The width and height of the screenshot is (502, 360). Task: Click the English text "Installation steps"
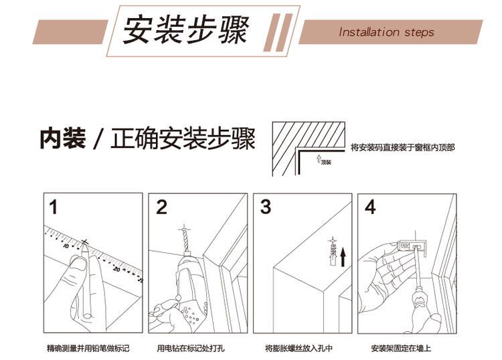click(386, 32)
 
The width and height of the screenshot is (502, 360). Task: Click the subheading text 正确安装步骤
click(183, 141)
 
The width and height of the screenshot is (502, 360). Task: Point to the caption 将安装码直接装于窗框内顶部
click(402, 147)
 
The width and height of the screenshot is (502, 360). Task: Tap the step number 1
click(53, 207)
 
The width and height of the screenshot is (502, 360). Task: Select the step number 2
click(161, 207)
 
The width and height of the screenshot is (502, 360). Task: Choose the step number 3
click(266, 207)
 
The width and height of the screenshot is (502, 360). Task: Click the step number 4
click(369, 207)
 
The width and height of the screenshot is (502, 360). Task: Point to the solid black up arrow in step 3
click(343, 256)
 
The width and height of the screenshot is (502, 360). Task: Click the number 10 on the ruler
click(67, 246)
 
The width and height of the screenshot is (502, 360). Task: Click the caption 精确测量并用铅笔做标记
click(88, 349)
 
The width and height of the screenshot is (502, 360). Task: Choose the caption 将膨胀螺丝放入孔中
click(299, 349)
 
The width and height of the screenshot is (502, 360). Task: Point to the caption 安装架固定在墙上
click(402, 349)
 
